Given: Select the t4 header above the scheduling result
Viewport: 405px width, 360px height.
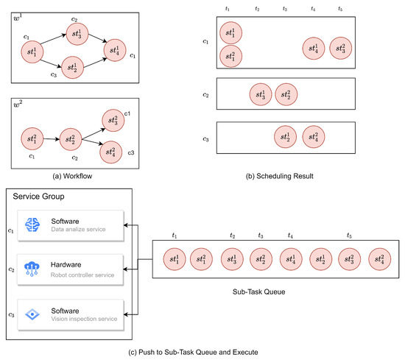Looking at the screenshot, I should [x=314, y=9].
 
